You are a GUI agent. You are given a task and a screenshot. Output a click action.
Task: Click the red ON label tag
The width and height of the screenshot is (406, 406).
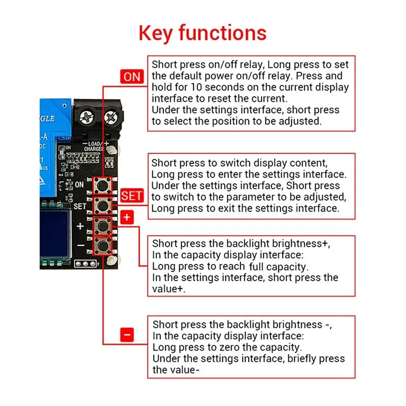[131, 77]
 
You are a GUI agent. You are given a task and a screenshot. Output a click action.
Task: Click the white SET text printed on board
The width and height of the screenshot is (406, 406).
[80, 207]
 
